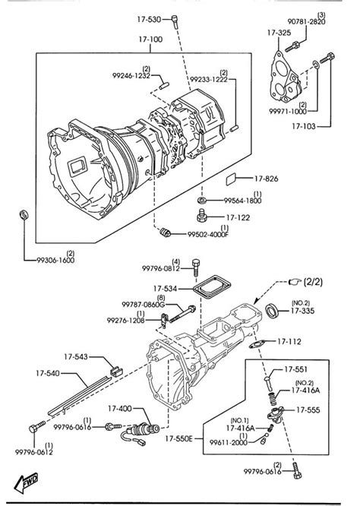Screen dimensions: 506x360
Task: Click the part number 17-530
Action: [148, 17]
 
